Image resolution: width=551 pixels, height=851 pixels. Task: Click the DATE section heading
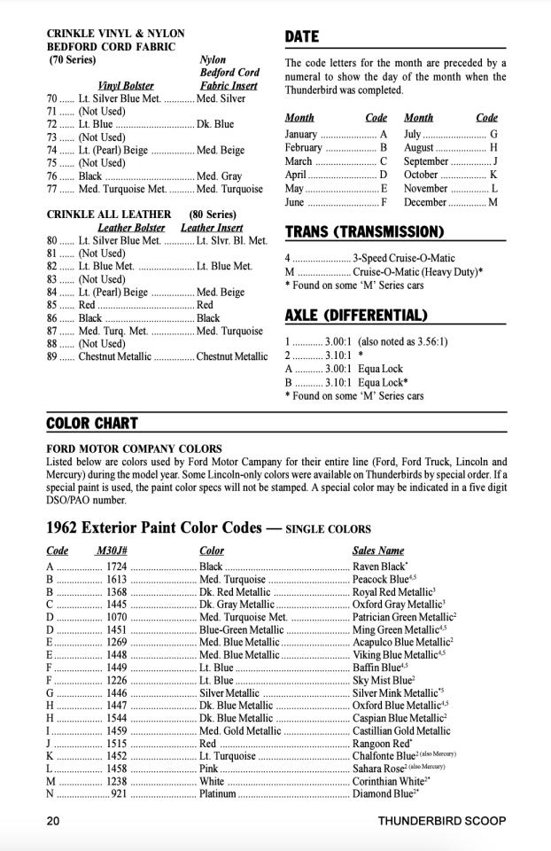point(301,37)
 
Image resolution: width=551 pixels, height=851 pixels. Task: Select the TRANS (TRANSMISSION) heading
point(364,232)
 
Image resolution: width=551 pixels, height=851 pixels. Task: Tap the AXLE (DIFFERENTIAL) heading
point(355,316)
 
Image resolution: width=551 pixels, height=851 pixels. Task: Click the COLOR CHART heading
point(92,424)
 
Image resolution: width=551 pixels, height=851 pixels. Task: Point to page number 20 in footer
point(53,821)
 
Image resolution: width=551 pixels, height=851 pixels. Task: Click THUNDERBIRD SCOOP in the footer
point(441,821)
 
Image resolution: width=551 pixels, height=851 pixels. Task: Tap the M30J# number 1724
point(116,566)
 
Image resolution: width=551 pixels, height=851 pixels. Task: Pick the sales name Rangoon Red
point(380,743)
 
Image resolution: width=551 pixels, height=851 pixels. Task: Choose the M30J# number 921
point(119,793)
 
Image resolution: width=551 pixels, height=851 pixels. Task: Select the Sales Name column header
point(378,550)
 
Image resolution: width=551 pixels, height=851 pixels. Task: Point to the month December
point(428,202)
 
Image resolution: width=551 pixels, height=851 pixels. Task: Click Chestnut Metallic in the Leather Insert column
point(232,356)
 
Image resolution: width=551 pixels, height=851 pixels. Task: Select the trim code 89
point(52,356)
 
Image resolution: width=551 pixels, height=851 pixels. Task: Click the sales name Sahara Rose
point(379,769)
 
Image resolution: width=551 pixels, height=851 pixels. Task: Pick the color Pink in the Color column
point(209,769)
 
